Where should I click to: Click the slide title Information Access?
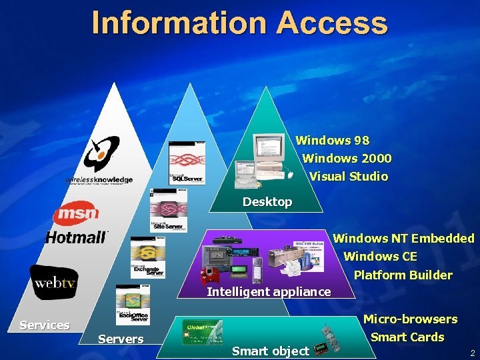(x=239, y=22)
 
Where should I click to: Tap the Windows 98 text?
(x=332, y=141)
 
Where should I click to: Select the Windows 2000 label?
(x=347, y=159)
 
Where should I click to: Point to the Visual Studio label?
(x=349, y=177)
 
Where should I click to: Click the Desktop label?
(x=267, y=202)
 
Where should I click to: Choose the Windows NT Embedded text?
(x=403, y=238)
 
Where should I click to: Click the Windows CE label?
(x=380, y=257)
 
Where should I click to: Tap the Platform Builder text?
(x=403, y=275)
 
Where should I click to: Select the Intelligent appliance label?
(x=269, y=292)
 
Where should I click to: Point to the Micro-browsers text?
(x=410, y=319)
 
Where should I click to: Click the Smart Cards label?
(x=407, y=337)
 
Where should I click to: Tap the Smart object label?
(x=270, y=351)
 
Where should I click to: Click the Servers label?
(x=121, y=339)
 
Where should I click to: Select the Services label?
(x=45, y=325)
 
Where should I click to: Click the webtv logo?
(x=54, y=283)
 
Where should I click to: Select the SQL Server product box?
(x=187, y=163)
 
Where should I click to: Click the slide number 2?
(x=472, y=353)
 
